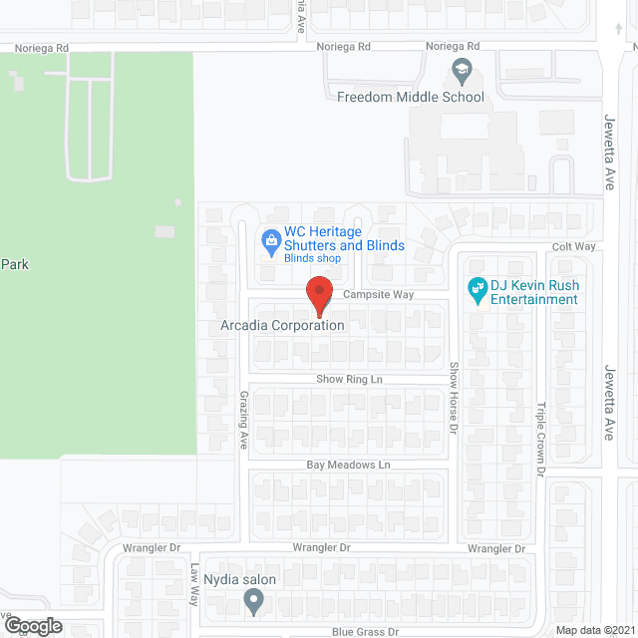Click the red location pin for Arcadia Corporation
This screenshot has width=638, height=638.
click(x=318, y=293)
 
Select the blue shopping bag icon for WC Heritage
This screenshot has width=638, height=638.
click(x=268, y=239)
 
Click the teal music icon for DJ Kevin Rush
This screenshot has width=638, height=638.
click(x=478, y=290)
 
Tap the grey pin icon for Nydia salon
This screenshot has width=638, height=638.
click(x=253, y=601)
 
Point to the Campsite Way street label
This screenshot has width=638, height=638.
click(x=378, y=295)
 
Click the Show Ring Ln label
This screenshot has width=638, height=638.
click(x=349, y=380)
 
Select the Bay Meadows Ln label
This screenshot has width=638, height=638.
click(x=347, y=466)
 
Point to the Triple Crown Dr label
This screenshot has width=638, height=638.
click(x=541, y=432)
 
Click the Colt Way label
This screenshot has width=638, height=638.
click(x=574, y=247)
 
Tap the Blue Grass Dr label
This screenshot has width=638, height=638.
click(x=365, y=632)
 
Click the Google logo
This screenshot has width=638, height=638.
click(x=32, y=626)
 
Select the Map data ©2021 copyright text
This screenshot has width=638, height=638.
click(x=593, y=630)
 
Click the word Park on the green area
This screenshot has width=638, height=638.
click(x=14, y=264)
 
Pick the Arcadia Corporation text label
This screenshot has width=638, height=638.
click(x=282, y=325)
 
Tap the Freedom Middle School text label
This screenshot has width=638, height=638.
click(x=411, y=97)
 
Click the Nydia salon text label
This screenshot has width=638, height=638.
click(x=239, y=579)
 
